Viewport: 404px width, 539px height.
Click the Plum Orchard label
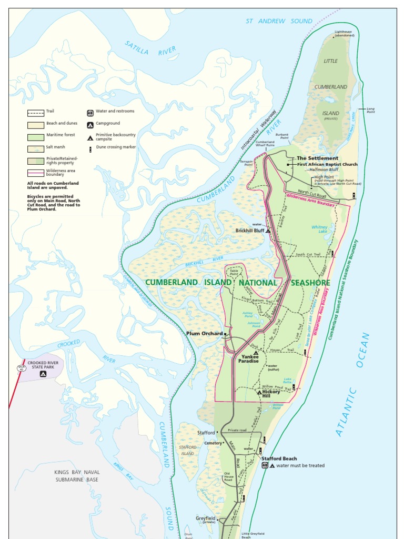[204, 333]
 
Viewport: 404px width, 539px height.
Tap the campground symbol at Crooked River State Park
[43, 374]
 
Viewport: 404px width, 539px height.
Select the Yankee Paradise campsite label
[248, 358]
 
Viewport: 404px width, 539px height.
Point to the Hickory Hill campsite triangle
[259, 392]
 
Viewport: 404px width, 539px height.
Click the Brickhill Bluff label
[249, 231]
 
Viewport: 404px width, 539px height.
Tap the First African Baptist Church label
[327, 164]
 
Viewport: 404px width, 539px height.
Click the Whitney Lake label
[319, 229]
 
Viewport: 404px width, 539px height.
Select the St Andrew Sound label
[279, 21]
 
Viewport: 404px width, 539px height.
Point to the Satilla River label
[150, 48]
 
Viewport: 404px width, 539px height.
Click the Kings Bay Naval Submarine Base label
[77, 476]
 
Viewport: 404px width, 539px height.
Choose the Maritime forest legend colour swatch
[35, 136]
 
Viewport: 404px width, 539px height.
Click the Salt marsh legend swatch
[35, 148]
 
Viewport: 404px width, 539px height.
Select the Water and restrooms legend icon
[90, 112]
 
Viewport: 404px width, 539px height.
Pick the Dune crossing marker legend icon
[90, 148]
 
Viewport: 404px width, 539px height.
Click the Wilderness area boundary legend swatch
[35, 172]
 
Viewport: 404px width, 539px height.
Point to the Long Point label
[370, 111]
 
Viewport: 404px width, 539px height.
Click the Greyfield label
[206, 518]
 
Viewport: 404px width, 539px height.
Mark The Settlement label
[317, 158]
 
